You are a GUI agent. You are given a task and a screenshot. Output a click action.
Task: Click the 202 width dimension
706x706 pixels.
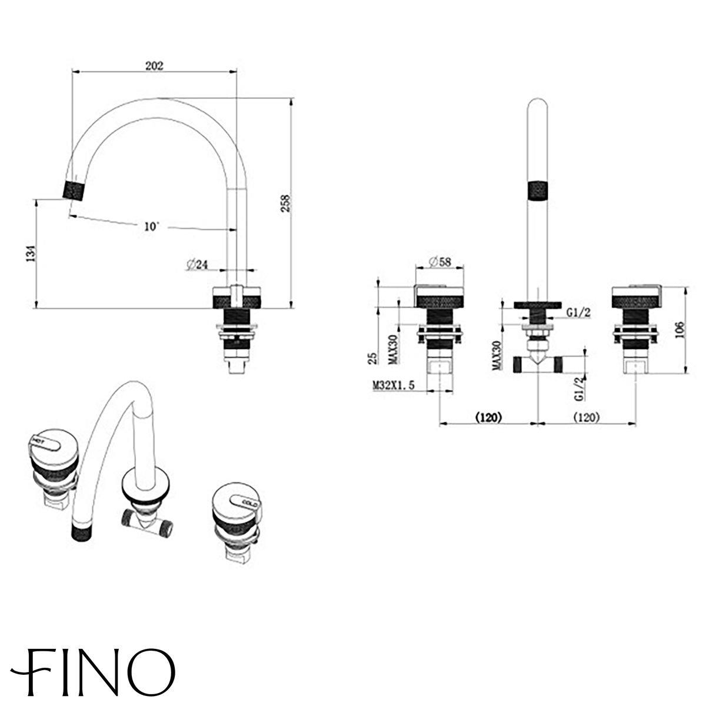click(x=154, y=65)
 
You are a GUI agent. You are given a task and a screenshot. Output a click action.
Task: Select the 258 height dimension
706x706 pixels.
click(x=301, y=202)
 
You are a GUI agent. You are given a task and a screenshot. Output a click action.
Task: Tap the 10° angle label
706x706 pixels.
click(x=151, y=226)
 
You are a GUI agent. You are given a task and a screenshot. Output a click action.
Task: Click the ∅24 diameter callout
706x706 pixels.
click(x=196, y=265)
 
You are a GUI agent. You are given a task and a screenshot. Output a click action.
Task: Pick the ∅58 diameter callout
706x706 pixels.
click(x=439, y=262)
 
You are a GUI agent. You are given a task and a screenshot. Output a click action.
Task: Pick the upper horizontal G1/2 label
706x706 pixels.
click(x=578, y=313)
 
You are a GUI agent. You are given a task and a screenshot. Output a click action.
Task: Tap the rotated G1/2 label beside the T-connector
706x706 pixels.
click(x=580, y=388)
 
